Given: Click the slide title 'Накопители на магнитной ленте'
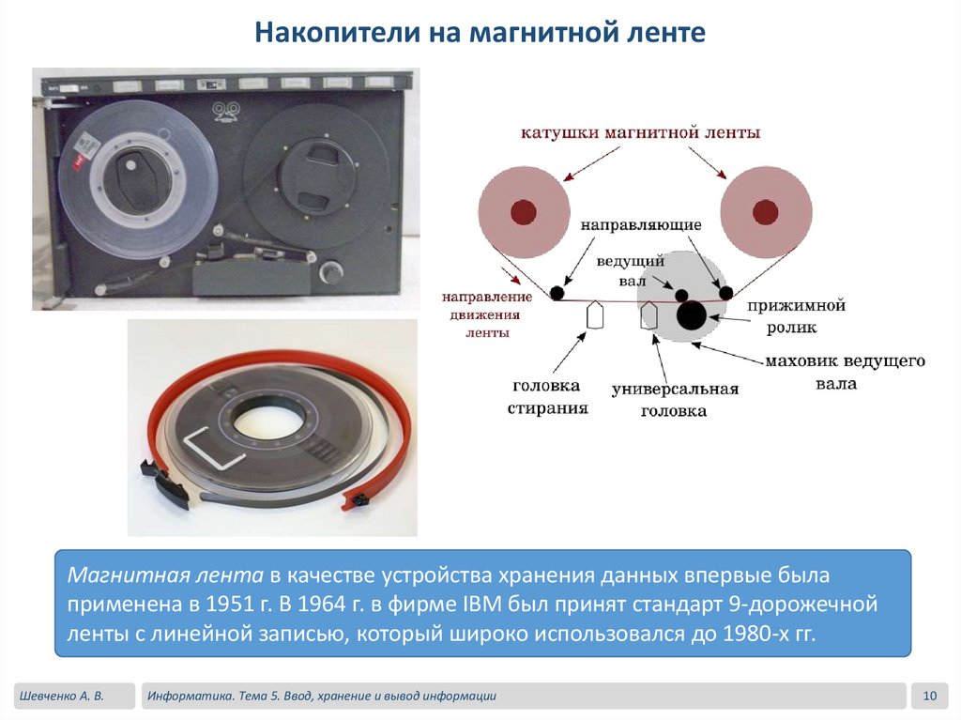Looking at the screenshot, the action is (x=480, y=33).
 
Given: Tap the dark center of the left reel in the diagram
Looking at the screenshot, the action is (x=524, y=212).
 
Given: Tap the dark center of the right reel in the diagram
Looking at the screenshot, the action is (x=766, y=212).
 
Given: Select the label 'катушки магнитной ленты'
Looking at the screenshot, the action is (x=640, y=132).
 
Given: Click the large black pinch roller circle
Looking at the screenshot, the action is (x=692, y=315).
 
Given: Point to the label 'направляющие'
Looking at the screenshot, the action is (x=641, y=225).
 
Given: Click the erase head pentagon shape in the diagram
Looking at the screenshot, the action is (x=595, y=314).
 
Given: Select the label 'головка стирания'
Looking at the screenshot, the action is (x=547, y=397).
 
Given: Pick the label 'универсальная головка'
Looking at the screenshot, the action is (x=675, y=400).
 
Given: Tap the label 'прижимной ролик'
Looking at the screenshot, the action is (x=796, y=316).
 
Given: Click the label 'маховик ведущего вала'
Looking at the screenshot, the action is (x=845, y=373).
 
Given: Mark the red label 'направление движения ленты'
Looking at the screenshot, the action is (x=487, y=314).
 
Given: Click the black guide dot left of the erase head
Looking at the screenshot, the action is (x=557, y=293).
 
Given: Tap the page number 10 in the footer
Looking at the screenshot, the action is (x=930, y=697).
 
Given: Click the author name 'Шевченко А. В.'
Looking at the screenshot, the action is (x=61, y=697).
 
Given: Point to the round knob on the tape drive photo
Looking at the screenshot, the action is (x=331, y=271).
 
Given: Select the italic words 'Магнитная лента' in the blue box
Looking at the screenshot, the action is (x=165, y=575).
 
